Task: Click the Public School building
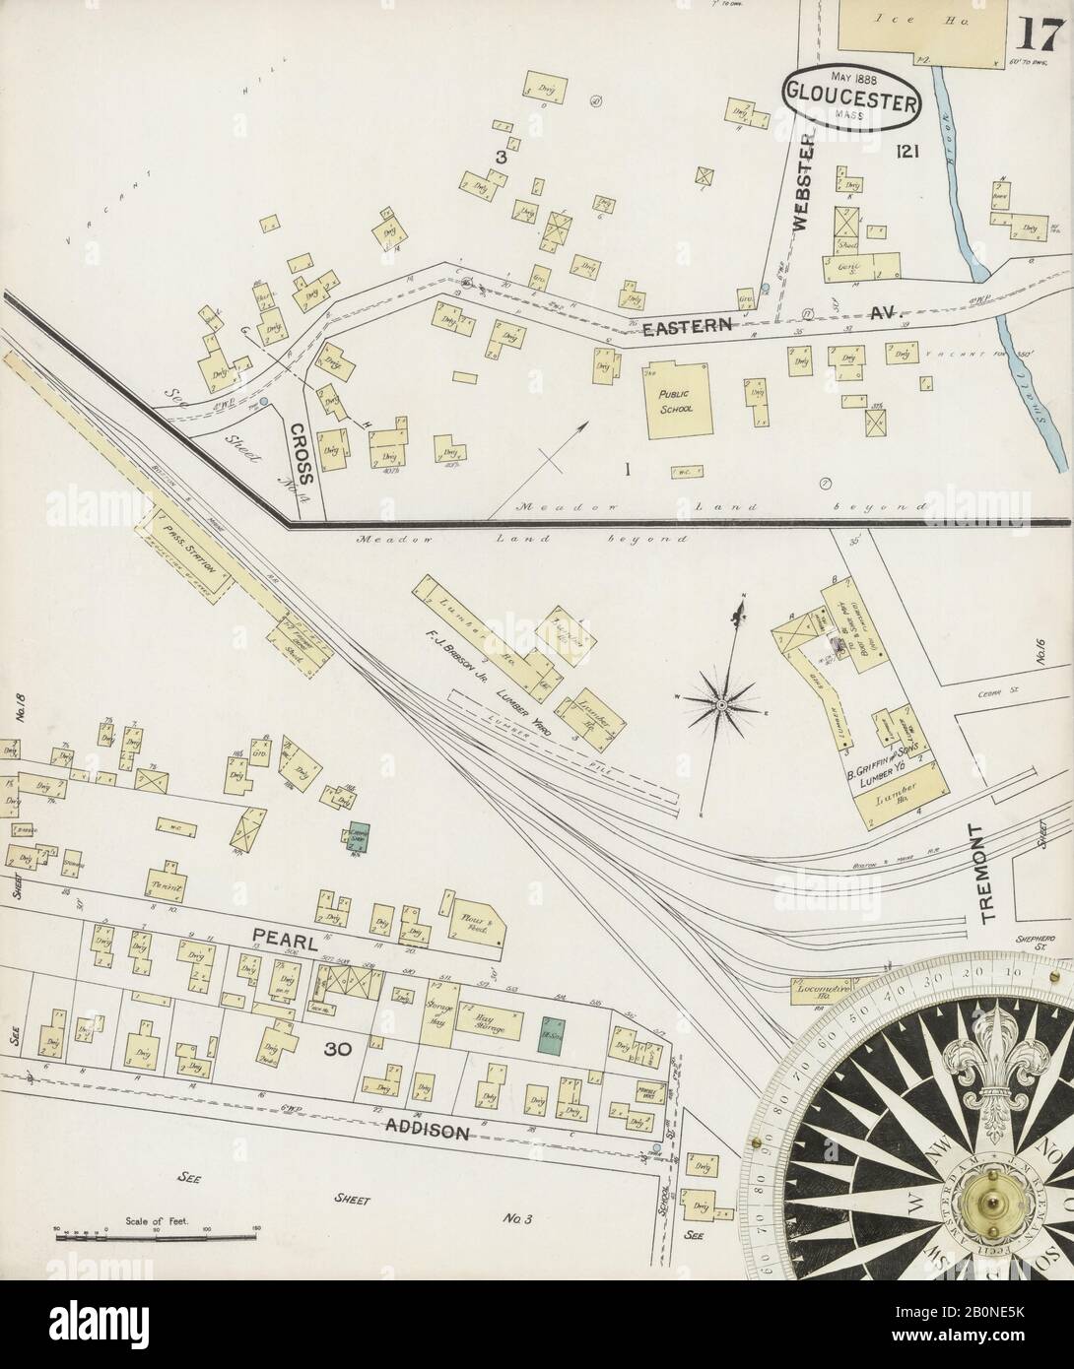[x=678, y=403]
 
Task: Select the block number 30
[x=338, y=1050]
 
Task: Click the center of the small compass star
[x=721, y=704]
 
